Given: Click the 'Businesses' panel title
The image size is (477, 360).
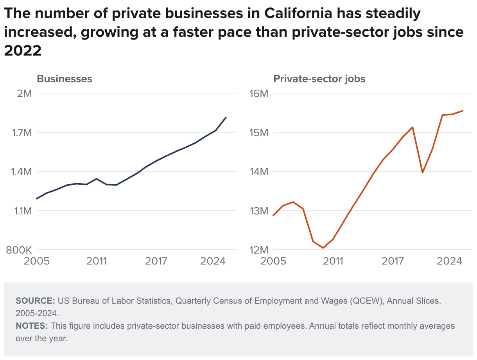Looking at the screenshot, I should click(x=65, y=79).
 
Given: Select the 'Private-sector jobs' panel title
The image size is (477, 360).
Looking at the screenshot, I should click(x=319, y=79).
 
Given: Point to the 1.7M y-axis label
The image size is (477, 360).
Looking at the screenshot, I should click(x=21, y=133).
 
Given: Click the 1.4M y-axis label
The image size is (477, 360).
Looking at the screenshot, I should click(x=21, y=172).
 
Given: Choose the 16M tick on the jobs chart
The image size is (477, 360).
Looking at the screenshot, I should click(x=258, y=94).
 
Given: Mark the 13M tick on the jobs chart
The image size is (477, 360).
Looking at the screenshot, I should click(x=258, y=211).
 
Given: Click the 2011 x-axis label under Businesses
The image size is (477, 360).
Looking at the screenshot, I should click(x=97, y=261).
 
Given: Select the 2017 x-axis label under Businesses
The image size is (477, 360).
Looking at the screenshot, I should click(x=156, y=261).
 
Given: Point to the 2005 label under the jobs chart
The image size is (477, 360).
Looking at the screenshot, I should click(x=273, y=261).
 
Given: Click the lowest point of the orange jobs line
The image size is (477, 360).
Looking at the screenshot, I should click(x=323, y=248).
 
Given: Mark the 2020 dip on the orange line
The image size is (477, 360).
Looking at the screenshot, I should click(x=422, y=173).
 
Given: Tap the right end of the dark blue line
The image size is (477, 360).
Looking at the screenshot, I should click(x=226, y=117).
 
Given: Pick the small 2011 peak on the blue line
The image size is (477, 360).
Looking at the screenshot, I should click(x=97, y=179).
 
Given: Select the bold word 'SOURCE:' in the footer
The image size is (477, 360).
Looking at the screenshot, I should click(x=35, y=301).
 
